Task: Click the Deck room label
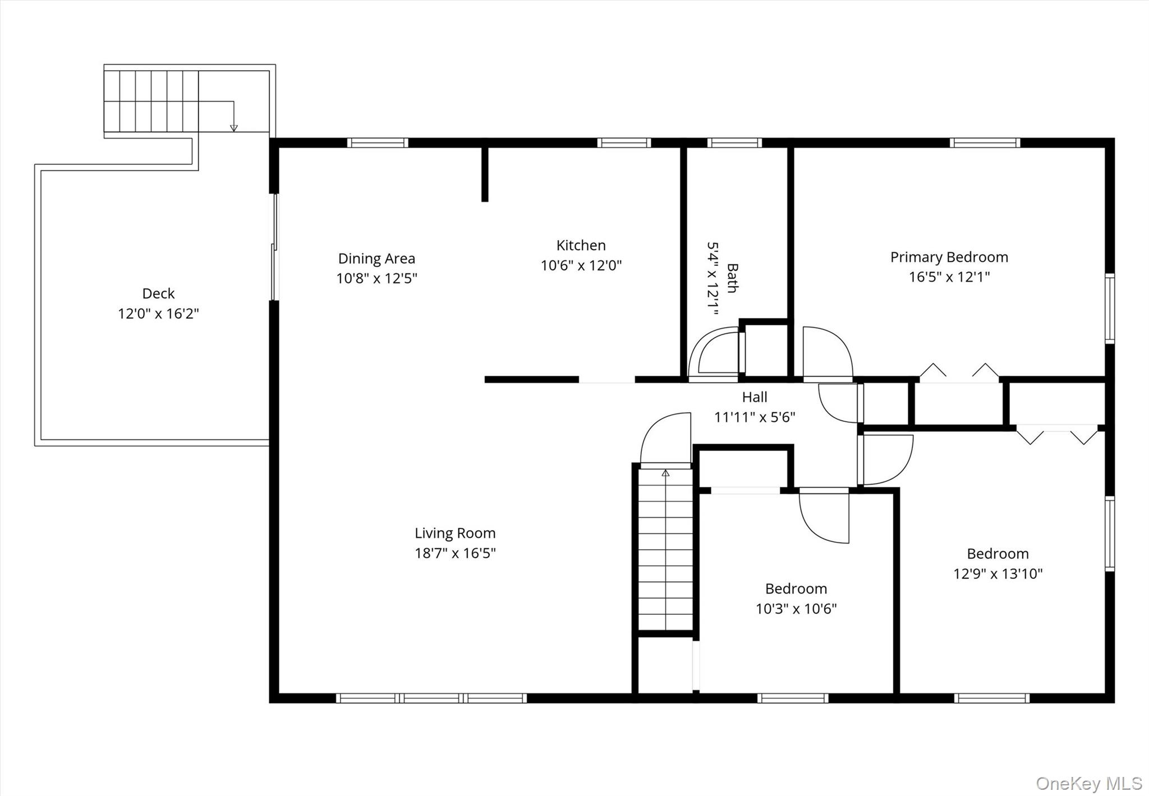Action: tap(158, 293)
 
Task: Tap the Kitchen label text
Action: tap(581, 246)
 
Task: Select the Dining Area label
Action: tap(376, 259)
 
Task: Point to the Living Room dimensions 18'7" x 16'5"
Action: tap(455, 553)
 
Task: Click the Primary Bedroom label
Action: tap(949, 257)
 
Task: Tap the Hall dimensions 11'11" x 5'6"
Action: tap(755, 417)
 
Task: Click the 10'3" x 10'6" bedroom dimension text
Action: tap(796, 609)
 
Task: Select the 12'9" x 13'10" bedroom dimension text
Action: tap(998, 574)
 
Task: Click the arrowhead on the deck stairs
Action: tap(234, 128)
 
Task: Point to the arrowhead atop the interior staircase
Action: tap(665, 473)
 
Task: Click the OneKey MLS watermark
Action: tap(1088, 783)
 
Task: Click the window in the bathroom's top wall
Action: tap(734, 142)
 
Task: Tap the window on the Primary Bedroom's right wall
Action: tap(1110, 308)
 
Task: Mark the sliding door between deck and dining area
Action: tap(274, 247)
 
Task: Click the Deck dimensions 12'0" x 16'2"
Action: tap(158, 314)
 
